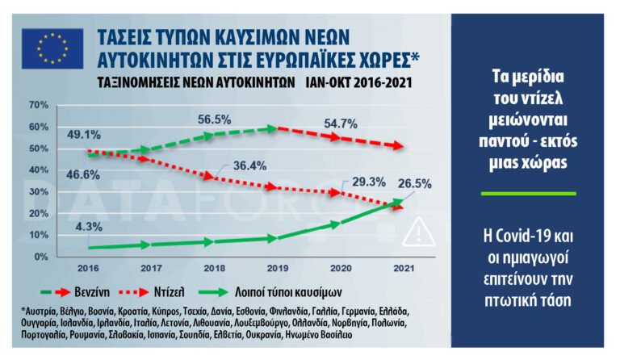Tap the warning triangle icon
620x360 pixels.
click(x=419, y=232)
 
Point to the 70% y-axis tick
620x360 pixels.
click(x=40, y=105)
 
